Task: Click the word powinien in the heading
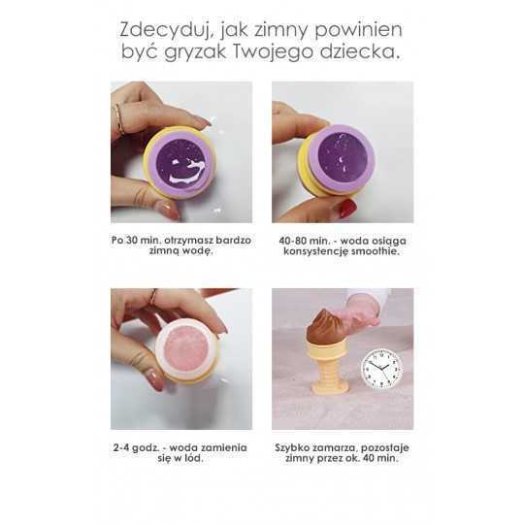(359, 30)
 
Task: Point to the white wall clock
(382, 369)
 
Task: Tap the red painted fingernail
(347, 209)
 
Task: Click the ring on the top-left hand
(119, 118)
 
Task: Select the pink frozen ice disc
(186, 350)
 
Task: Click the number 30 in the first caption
(132, 241)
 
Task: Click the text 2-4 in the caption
(120, 447)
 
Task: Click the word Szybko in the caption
(292, 448)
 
